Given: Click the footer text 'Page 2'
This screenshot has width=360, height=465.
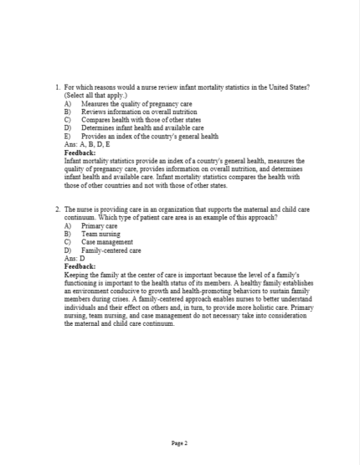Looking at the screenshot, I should pyautogui.click(x=179, y=442).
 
